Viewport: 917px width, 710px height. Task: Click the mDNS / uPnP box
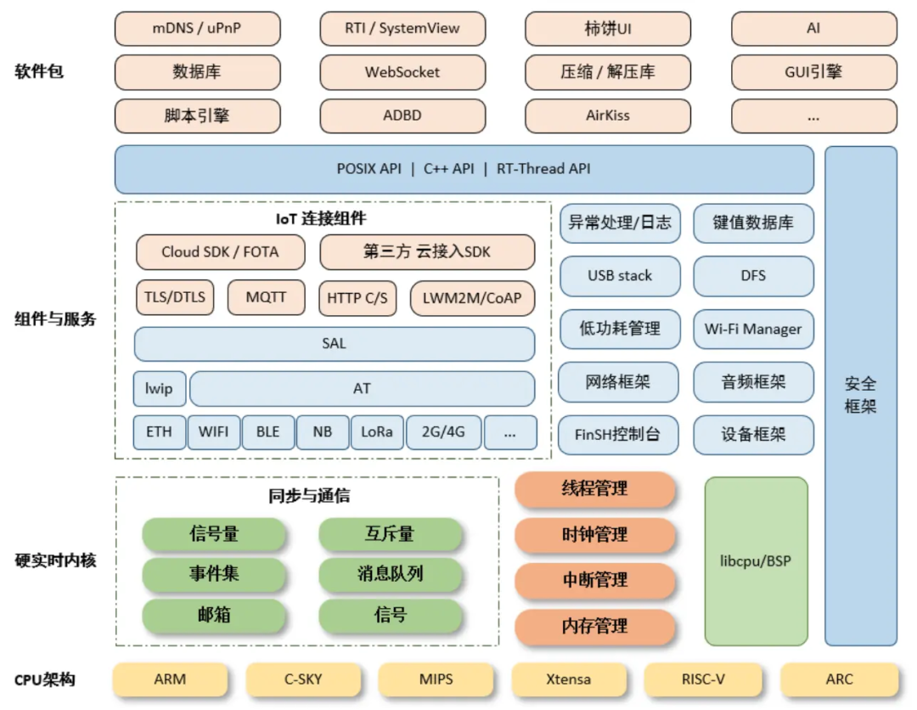197,29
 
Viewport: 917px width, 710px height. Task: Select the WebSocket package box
402,72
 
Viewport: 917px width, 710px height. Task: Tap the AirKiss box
608,116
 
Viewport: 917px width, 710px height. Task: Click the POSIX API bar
464,169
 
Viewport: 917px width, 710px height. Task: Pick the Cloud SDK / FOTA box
220,252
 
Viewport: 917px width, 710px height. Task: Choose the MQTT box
266,298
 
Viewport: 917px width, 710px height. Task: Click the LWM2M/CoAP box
472,298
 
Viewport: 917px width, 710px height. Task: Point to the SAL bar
335,344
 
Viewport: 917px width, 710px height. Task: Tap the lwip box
159,389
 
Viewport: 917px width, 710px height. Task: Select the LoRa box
377,432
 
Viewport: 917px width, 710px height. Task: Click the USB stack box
620,276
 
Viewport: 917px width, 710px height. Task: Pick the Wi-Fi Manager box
753,329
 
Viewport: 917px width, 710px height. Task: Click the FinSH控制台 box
620,435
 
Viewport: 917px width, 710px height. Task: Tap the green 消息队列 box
391,574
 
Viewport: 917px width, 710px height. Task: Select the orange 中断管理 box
595,581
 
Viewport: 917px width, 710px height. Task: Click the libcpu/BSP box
756,561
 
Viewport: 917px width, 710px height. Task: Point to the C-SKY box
303,679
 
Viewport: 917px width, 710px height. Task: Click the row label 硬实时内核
55,561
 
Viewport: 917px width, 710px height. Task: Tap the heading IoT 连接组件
321,218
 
